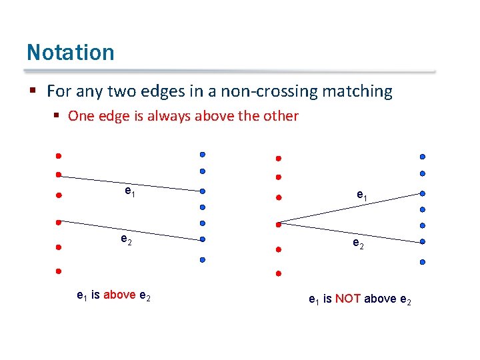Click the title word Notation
[x=70, y=52]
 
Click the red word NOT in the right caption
[x=348, y=299]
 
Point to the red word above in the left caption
[x=120, y=295]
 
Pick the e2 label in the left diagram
[x=125, y=239]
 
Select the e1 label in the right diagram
[x=361, y=195]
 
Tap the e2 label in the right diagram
[x=358, y=244]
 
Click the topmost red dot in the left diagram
[x=59, y=156]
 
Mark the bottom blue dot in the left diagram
[x=202, y=259]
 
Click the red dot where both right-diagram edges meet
[x=279, y=223]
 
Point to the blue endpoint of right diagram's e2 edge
[x=422, y=242]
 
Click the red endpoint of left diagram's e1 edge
[x=59, y=175]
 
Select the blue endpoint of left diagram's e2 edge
[x=202, y=239]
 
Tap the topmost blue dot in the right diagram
[x=422, y=157]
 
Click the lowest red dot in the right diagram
[x=279, y=273]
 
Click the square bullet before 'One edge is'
[x=57, y=116]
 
